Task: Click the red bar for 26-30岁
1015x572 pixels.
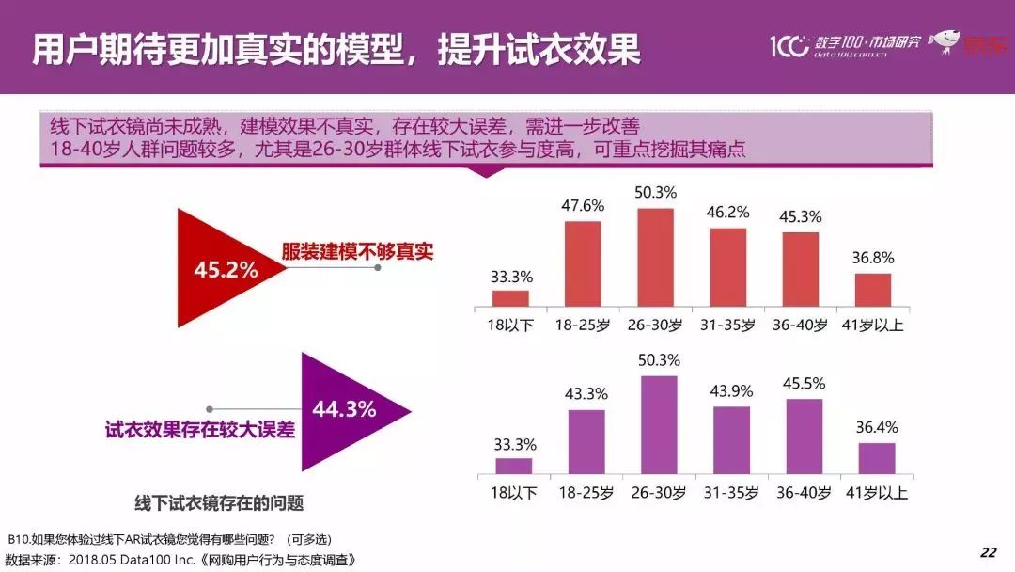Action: point(656,257)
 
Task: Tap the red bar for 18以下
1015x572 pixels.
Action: point(510,297)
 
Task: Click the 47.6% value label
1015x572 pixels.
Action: point(584,205)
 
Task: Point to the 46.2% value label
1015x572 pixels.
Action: point(728,212)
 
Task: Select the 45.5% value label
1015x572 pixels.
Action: point(804,384)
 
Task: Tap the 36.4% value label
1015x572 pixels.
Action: point(876,427)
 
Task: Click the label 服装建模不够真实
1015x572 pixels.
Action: point(357,252)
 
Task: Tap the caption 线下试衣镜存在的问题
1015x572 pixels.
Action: point(219,502)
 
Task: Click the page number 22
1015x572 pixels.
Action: point(988,551)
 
